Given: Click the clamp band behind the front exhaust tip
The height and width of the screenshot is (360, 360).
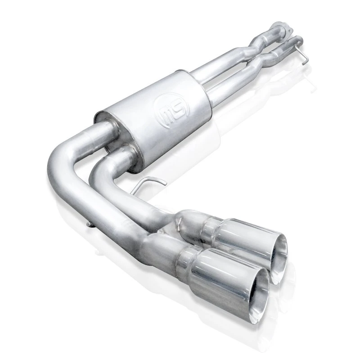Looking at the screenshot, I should (x=187, y=261).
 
